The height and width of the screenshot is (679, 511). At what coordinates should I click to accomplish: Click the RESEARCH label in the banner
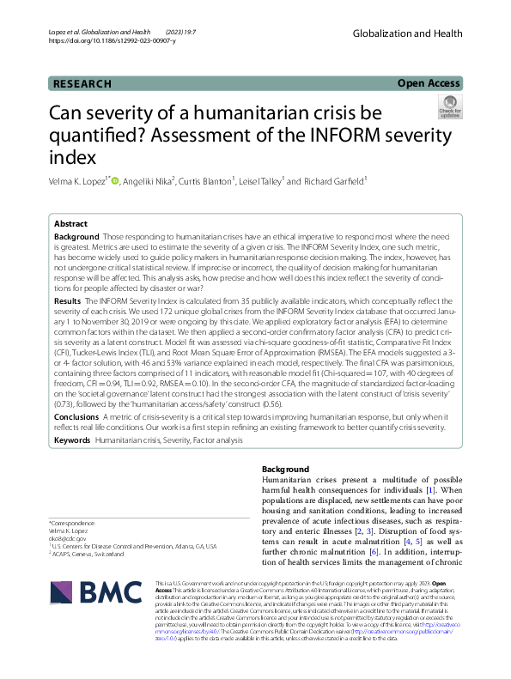82,83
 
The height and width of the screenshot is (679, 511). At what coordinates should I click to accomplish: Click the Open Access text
429,83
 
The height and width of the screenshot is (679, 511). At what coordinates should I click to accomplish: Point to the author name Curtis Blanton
215,181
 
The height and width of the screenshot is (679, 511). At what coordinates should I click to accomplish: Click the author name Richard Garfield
336,181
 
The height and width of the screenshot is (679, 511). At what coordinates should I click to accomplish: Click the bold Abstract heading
70,221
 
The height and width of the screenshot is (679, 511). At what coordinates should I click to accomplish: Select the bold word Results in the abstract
68,302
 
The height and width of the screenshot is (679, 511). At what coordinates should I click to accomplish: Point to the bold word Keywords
72,440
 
